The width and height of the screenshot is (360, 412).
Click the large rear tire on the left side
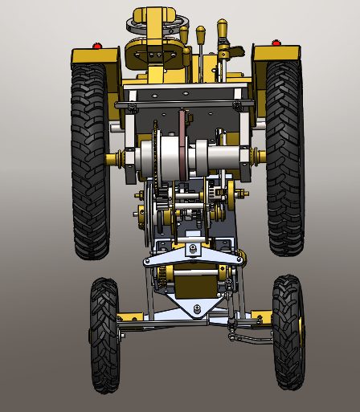[90, 161]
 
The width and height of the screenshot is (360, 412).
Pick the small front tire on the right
[288, 331]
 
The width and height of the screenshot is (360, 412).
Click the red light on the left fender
[97, 46]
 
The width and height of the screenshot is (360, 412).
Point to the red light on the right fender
[276, 43]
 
